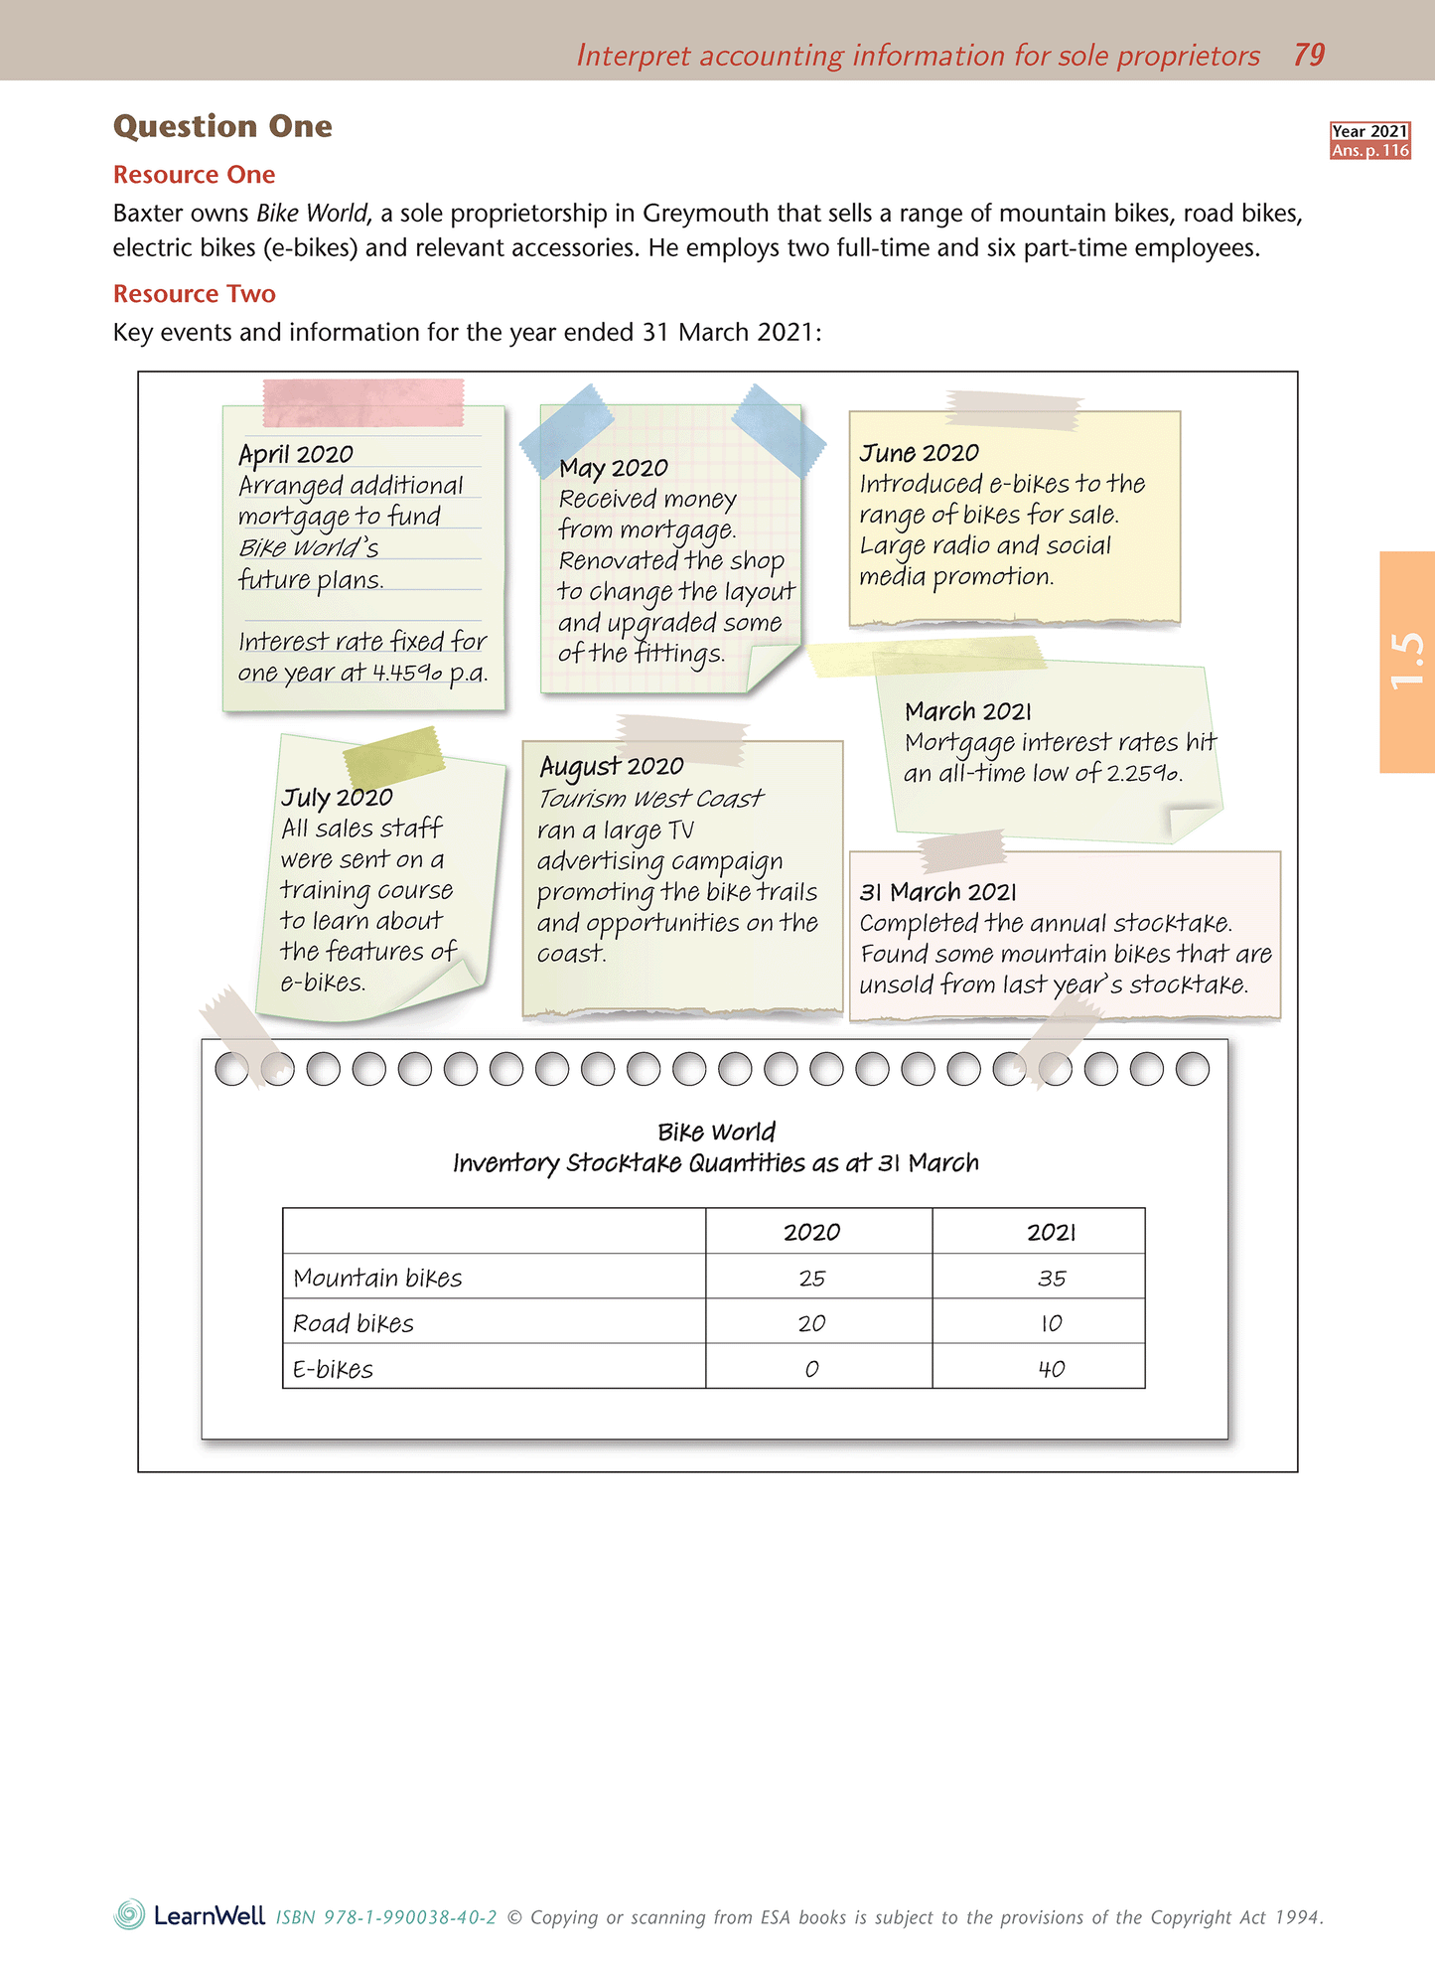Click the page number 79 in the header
(1309, 55)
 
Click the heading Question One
(222, 126)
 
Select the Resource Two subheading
(195, 294)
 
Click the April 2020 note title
(296, 454)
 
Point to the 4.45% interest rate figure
(407, 673)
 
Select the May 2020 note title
(613, 468)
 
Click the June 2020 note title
(919, 453)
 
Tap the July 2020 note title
(337, 798)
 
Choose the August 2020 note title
(612, 766)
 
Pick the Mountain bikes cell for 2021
(1052, 1279)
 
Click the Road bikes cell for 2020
(811, 1324)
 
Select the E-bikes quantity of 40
(1052, 1369)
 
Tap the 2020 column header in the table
(811, 1233)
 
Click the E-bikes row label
(334, 1370)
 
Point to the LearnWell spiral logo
(130, 1914)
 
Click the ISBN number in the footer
(385, 1917)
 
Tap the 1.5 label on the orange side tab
(1407, 661)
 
